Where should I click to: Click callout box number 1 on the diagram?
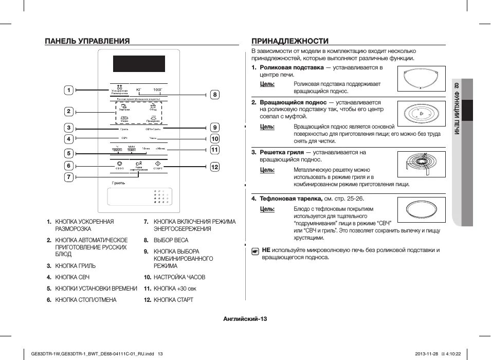click(68, 91)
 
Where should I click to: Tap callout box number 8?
click(215, 94)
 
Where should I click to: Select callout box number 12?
click(215, 167)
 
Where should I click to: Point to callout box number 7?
click(68, 177)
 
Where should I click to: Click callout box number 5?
click(68, 153)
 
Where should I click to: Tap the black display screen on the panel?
click(139, 64)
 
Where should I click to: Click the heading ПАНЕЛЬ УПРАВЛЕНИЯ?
click(87, 41)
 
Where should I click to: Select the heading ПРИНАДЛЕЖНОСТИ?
click(290, 41)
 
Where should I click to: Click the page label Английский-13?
click(245, 318)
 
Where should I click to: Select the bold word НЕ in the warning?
click(266, 250)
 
